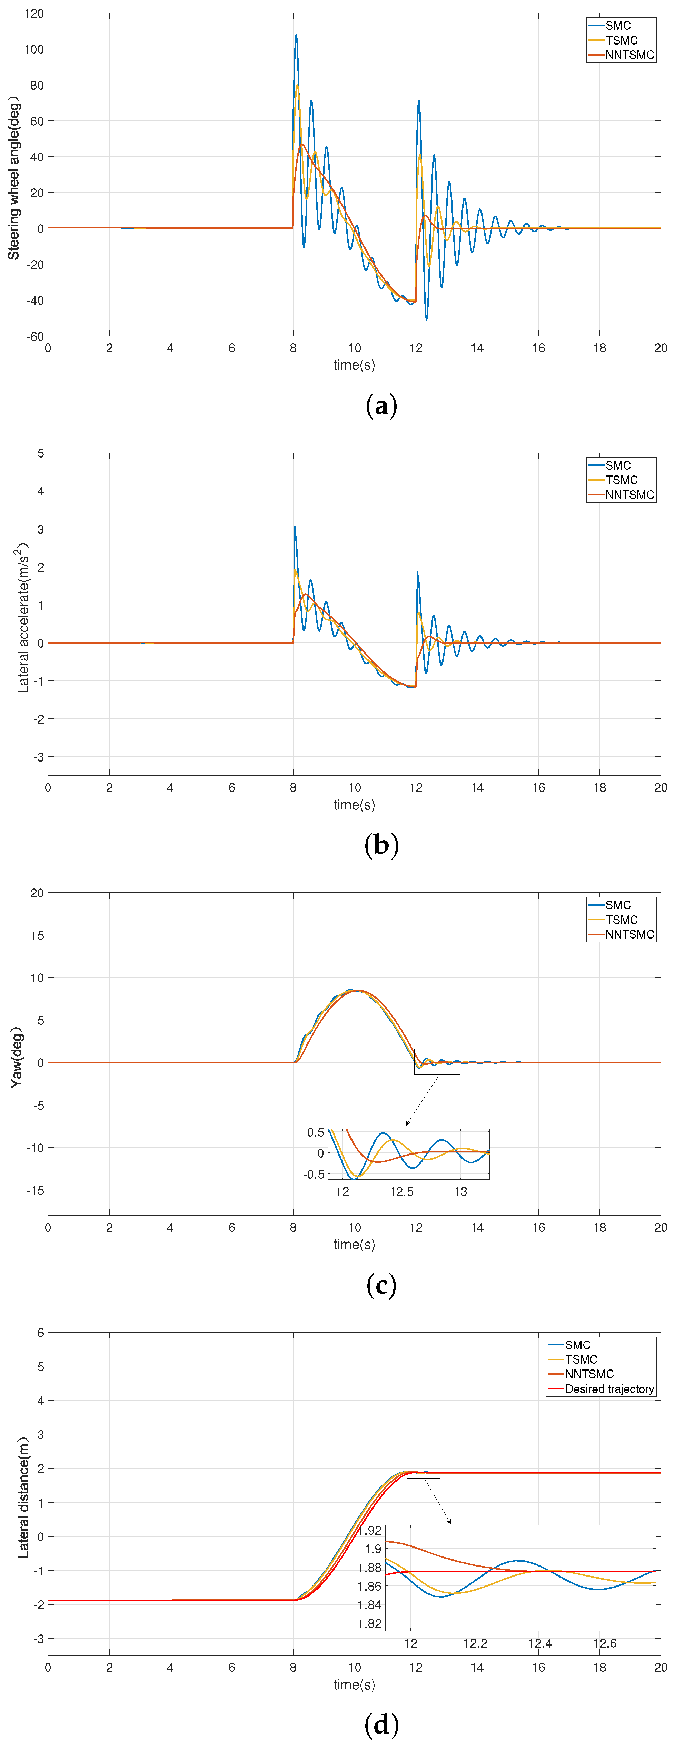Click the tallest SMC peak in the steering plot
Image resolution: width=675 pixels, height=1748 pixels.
pyautogui.click(x=296, y=35)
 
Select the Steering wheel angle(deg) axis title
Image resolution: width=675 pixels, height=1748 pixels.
pyautogui.click(x=13, y=178)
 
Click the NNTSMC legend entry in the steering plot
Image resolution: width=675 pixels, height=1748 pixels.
pyautogui.click(x=629, y=55)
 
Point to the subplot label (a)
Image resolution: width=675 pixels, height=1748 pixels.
pyautogui.click(x=381, y=406)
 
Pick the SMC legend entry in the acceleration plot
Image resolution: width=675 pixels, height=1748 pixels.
pyautogui.click(x=617, y=465)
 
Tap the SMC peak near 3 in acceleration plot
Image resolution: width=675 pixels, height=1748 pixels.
pyautogui.click(x=295, y=527)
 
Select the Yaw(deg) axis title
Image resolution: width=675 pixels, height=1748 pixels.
pyautogui.click(x=16, y=1057)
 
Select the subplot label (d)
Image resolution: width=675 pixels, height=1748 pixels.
pyautogui.click(x=381, y=1724)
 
